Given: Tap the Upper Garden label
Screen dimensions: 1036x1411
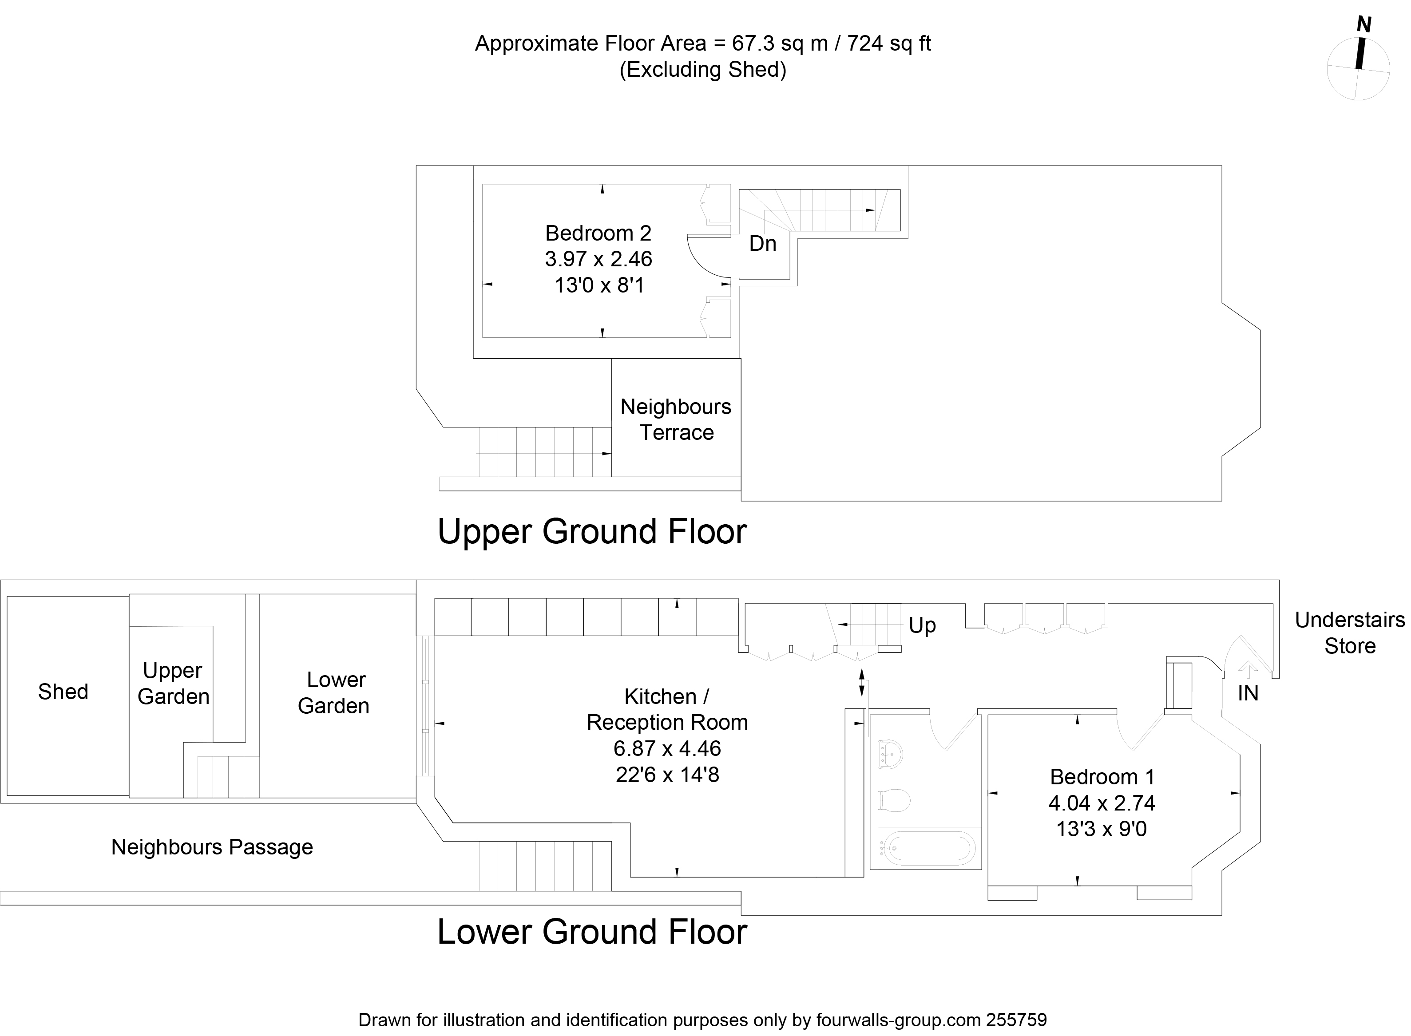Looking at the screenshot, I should pos(173,684).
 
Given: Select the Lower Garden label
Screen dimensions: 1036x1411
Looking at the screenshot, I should pos(334,693).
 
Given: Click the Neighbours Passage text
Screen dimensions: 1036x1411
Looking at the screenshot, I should pos(212,847).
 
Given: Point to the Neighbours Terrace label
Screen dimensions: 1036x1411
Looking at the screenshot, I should pos(676,419).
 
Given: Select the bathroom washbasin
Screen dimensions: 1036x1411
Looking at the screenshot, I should pos(891,755).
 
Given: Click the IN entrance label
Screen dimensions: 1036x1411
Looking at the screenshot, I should pos(1248,693).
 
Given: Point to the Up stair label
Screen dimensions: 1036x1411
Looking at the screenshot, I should pos(922,625).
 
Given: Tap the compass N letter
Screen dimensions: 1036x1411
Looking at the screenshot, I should pos(1363,24).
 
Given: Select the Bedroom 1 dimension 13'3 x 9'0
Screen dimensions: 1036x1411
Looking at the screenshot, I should pos(1101,829).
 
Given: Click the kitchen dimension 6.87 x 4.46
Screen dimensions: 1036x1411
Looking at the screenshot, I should pos(667,748).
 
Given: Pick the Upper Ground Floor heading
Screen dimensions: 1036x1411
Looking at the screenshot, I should pos(592,532).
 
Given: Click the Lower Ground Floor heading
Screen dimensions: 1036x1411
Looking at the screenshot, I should pos(592,932).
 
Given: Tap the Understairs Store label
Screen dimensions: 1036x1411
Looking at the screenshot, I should pos(1350,633).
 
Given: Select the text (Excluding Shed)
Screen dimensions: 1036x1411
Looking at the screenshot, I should pos(702,70).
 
